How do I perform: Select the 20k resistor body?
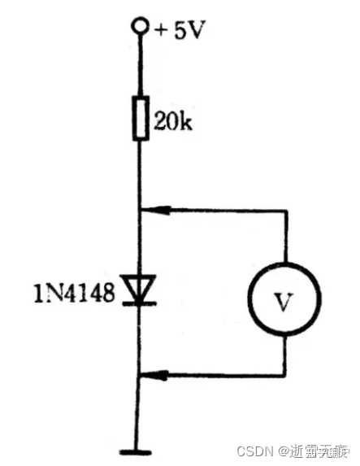pyautogui.click(x=140, y=119)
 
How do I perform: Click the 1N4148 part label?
pyautogui.click(x=74, y=290)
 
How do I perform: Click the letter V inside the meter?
pyautogui.click(x=283, y=302)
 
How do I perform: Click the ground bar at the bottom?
pyautogui.click(x=139, y=451)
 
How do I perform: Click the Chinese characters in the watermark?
pyautogui.click(x=320, y=450)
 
